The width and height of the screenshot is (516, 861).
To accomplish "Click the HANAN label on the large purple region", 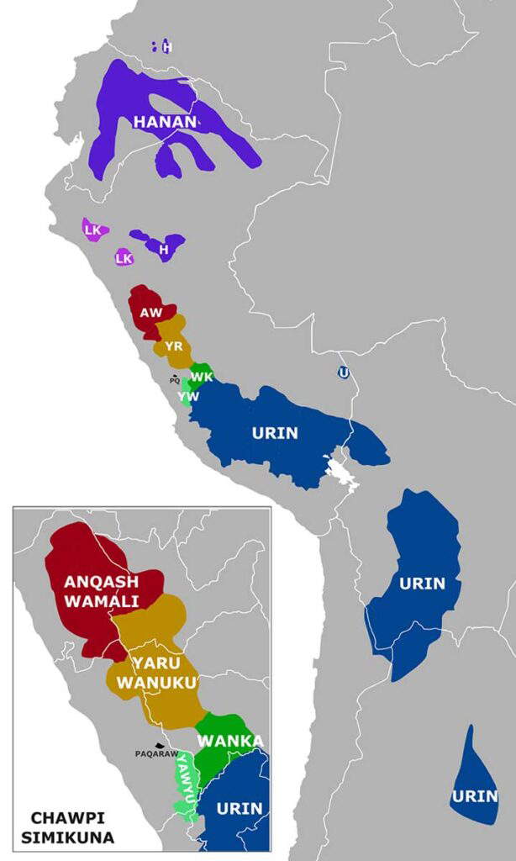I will tap(165, 123).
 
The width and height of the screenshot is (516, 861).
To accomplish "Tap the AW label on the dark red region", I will tap(151, 313).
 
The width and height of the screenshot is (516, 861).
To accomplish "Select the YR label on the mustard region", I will tap(174, 346).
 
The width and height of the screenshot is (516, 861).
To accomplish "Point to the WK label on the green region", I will tap(201, 376).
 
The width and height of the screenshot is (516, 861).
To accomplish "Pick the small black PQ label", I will tap(175, 381).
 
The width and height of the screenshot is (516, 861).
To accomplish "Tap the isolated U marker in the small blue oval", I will tap(343, 372).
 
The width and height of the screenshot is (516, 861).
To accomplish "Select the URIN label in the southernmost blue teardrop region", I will tap(475, 796).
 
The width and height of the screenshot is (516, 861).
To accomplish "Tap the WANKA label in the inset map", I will tap(230, 741).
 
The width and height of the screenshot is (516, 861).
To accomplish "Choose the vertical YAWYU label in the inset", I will tap(184, 783).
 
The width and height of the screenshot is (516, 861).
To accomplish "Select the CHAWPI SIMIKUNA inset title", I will tap(72, 827).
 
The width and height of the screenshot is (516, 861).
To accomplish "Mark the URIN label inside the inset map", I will tap(240, 809).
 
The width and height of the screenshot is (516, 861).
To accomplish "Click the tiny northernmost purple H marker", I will tap(166, 47).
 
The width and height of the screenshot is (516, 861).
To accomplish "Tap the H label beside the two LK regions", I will tap(164, 249).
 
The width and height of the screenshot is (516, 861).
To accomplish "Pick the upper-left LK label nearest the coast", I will tap(92, 230).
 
